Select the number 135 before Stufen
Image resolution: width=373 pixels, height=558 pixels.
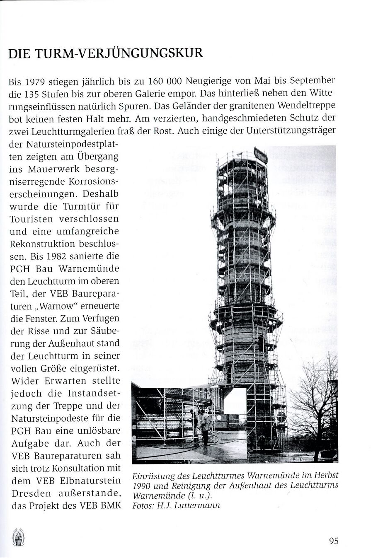(x=35, y=93)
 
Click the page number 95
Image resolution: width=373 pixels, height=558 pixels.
(x=334, y=541)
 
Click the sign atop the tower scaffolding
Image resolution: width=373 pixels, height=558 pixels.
(x=261, y=154)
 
